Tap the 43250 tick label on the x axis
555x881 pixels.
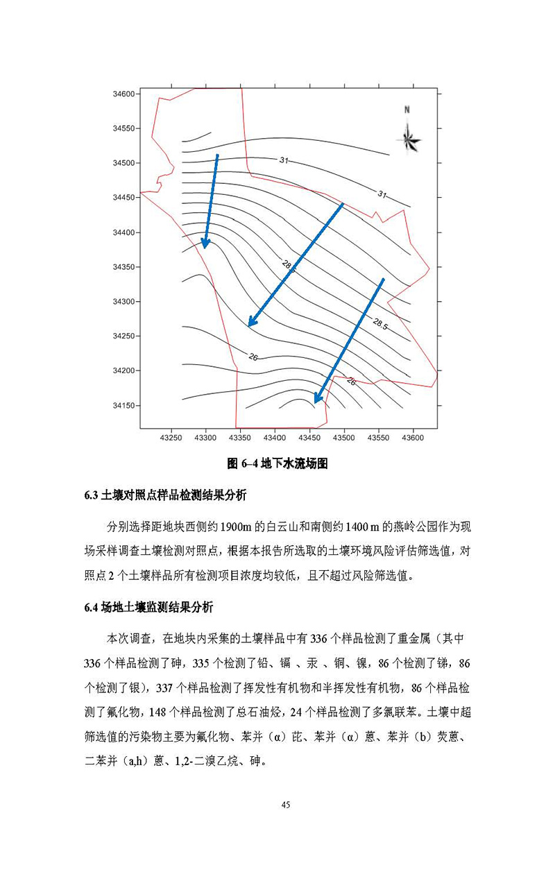click(x=171, y=438)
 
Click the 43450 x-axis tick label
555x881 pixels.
click(x=309, y=438)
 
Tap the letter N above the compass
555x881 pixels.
click(x=408, y=110)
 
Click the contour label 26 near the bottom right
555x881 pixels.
click(x=351, y=382)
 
